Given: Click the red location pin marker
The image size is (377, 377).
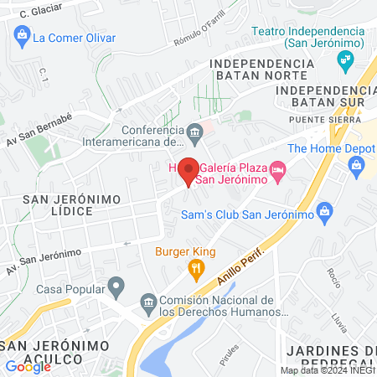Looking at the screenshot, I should (x=188, y=170).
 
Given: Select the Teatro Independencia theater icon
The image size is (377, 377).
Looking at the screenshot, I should (x=343, y=59).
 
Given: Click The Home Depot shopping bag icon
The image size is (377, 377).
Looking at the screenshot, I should (x=357, y=165).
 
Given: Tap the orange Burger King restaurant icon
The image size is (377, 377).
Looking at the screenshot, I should (x=196, y=268).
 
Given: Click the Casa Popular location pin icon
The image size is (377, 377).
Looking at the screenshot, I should (x=117, y=287).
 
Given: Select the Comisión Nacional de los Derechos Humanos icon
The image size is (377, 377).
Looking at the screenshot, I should (x=148, y=302).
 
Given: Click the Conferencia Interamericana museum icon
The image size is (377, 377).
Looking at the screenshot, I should (x=194, y=131).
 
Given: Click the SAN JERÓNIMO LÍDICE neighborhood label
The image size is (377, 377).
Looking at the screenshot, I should (x=72, y=206).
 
